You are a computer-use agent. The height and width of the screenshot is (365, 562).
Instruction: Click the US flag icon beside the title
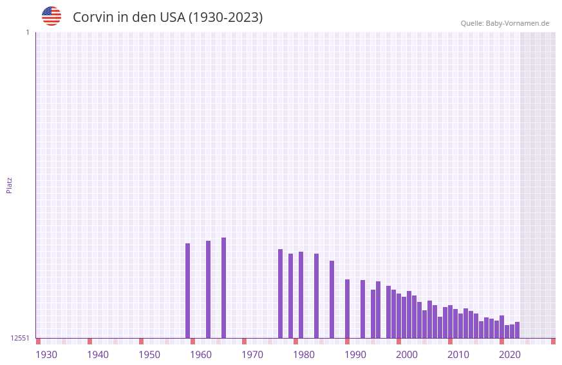tap(52, 16)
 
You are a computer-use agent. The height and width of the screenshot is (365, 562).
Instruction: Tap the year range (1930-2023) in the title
tap(225, 17)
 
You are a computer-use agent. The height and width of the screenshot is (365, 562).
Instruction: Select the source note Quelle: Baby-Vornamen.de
tap(505, 24)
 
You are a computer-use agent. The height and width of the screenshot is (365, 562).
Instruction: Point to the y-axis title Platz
tap(9, 185)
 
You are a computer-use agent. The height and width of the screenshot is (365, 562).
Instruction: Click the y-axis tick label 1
tap(27, 32)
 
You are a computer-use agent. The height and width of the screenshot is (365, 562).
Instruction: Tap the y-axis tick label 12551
tap(20, 338)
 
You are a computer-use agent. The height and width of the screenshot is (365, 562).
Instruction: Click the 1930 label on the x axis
tap(46, 355)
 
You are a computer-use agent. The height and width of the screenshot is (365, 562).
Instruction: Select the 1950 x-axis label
tap(149, 355)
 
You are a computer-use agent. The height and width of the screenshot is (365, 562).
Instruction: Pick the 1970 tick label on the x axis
tap(252, 355)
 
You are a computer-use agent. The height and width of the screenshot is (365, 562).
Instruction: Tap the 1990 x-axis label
tap(355, 355)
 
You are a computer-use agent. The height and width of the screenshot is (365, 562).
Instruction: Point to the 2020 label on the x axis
tap(510, 355)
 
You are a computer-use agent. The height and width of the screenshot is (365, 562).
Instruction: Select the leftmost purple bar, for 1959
tap(187, 290)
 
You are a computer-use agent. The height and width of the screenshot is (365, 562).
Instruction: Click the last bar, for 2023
tap(517, 330)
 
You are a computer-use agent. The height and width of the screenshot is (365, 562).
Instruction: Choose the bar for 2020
tap(501, 327)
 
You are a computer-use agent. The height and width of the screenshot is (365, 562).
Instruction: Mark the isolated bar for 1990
tap(347, 308)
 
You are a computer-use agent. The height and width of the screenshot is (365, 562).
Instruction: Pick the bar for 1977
tap(280, 294)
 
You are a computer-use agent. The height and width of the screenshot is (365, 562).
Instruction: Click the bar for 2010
tap(450, 322)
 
